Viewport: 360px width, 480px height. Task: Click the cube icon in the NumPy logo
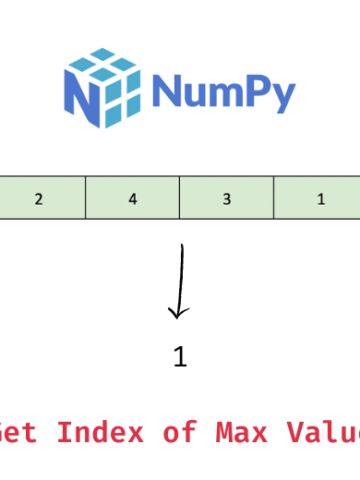pyautogui.click(x=100, y=84)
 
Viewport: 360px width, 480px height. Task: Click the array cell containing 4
pyautogui.click(x=132, y=198)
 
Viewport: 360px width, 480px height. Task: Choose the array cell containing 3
pyautogui.click(x=226, y=198)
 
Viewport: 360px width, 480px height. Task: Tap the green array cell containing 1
pyautogui.click(x=320, y=198)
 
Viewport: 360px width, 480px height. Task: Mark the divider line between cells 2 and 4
pyautogui.click(x=85, y=198)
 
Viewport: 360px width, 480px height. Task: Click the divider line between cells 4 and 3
pyautogui.click(x=179, y=198)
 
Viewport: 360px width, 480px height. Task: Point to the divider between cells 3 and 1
pyautogui.click(x=273, y=198)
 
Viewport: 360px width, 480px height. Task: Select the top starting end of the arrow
pyautogui.click(x=182, y=245)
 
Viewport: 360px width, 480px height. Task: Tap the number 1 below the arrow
pyautogui.click(x=180, y=357)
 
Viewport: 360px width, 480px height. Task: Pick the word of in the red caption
pyautogui.click(x=171, y=433)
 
